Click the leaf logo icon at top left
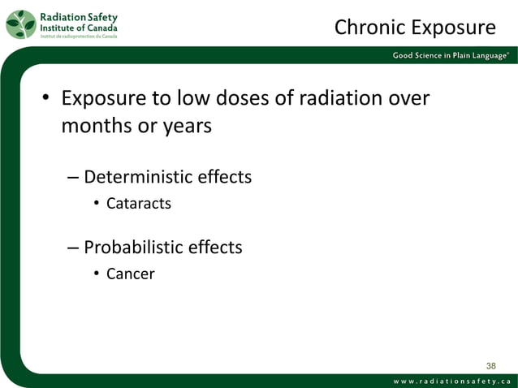[21, 24]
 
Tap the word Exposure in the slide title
[454, 28]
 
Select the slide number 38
[490, 365]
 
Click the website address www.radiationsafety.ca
[451, 382]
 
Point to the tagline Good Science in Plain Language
[451, 55]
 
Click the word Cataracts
[139, 204]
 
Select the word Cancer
[130, 274]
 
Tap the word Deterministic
[140, 176]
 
